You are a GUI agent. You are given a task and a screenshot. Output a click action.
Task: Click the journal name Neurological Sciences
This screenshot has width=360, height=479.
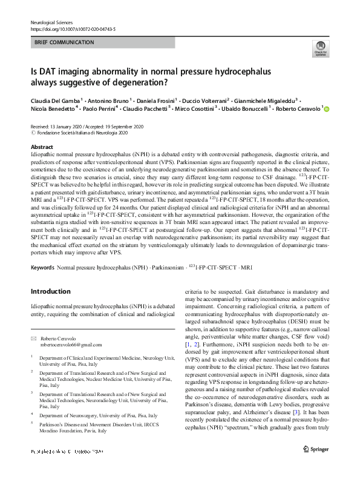point(51,22)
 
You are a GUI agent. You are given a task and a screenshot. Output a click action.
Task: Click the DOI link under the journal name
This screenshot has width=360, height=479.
point(73,29)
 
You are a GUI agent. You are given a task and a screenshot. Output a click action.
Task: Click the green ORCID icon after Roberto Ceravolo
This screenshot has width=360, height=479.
point(327,110)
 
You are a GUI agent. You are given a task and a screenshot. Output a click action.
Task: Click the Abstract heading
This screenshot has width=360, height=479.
point(42,147)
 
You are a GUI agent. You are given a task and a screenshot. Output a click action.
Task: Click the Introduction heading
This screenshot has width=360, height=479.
point(50,292)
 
